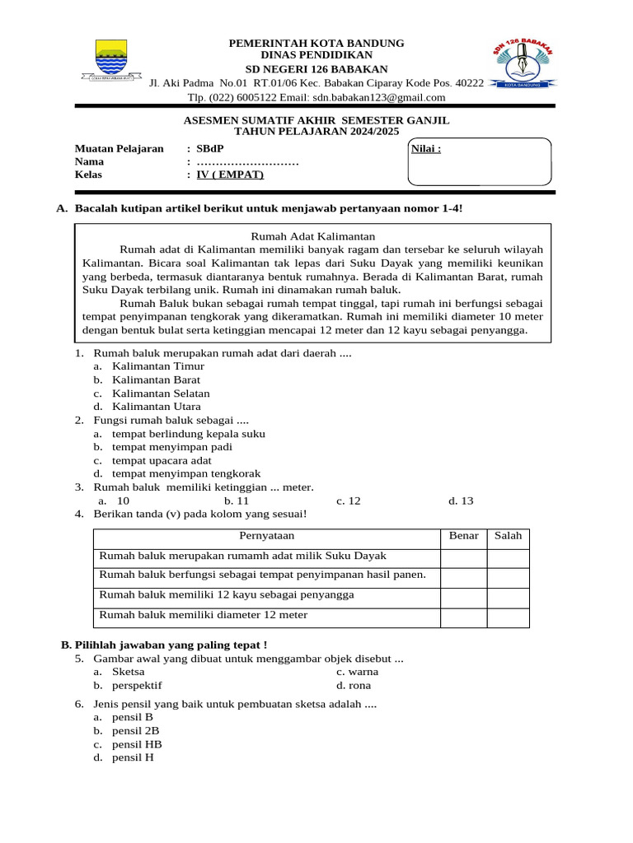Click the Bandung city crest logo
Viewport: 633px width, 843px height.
pyautogui.click(x=110, y=60)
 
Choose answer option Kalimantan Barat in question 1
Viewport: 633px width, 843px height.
pyautogui.click(x=156, y=380)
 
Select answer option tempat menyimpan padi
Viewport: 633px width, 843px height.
pyautogui.click(x=171, y=447)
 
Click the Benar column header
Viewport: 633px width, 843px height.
pyautogui.click(x=463, y=536)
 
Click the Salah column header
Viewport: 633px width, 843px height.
pyautogui.click(x=508, y=536)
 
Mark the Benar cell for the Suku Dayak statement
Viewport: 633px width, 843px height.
pyautogui.click(x=463, y=557)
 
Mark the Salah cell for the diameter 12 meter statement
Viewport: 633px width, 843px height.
pyautogui.click(x=508, y=617)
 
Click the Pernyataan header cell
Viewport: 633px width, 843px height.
pyautogui.click(x=267, y=536)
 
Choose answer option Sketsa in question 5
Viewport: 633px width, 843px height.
pyautogui.click(x=128, y=672)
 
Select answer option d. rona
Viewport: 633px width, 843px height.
pyautogui.click(x=354, y=685)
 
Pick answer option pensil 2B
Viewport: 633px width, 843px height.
pyautogui.click(x=135, y=730)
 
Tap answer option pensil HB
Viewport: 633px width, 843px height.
pyautogui.click(x=136, y=744)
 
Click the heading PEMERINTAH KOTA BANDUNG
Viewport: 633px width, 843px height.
pyautogui.click(x=316, y=43)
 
